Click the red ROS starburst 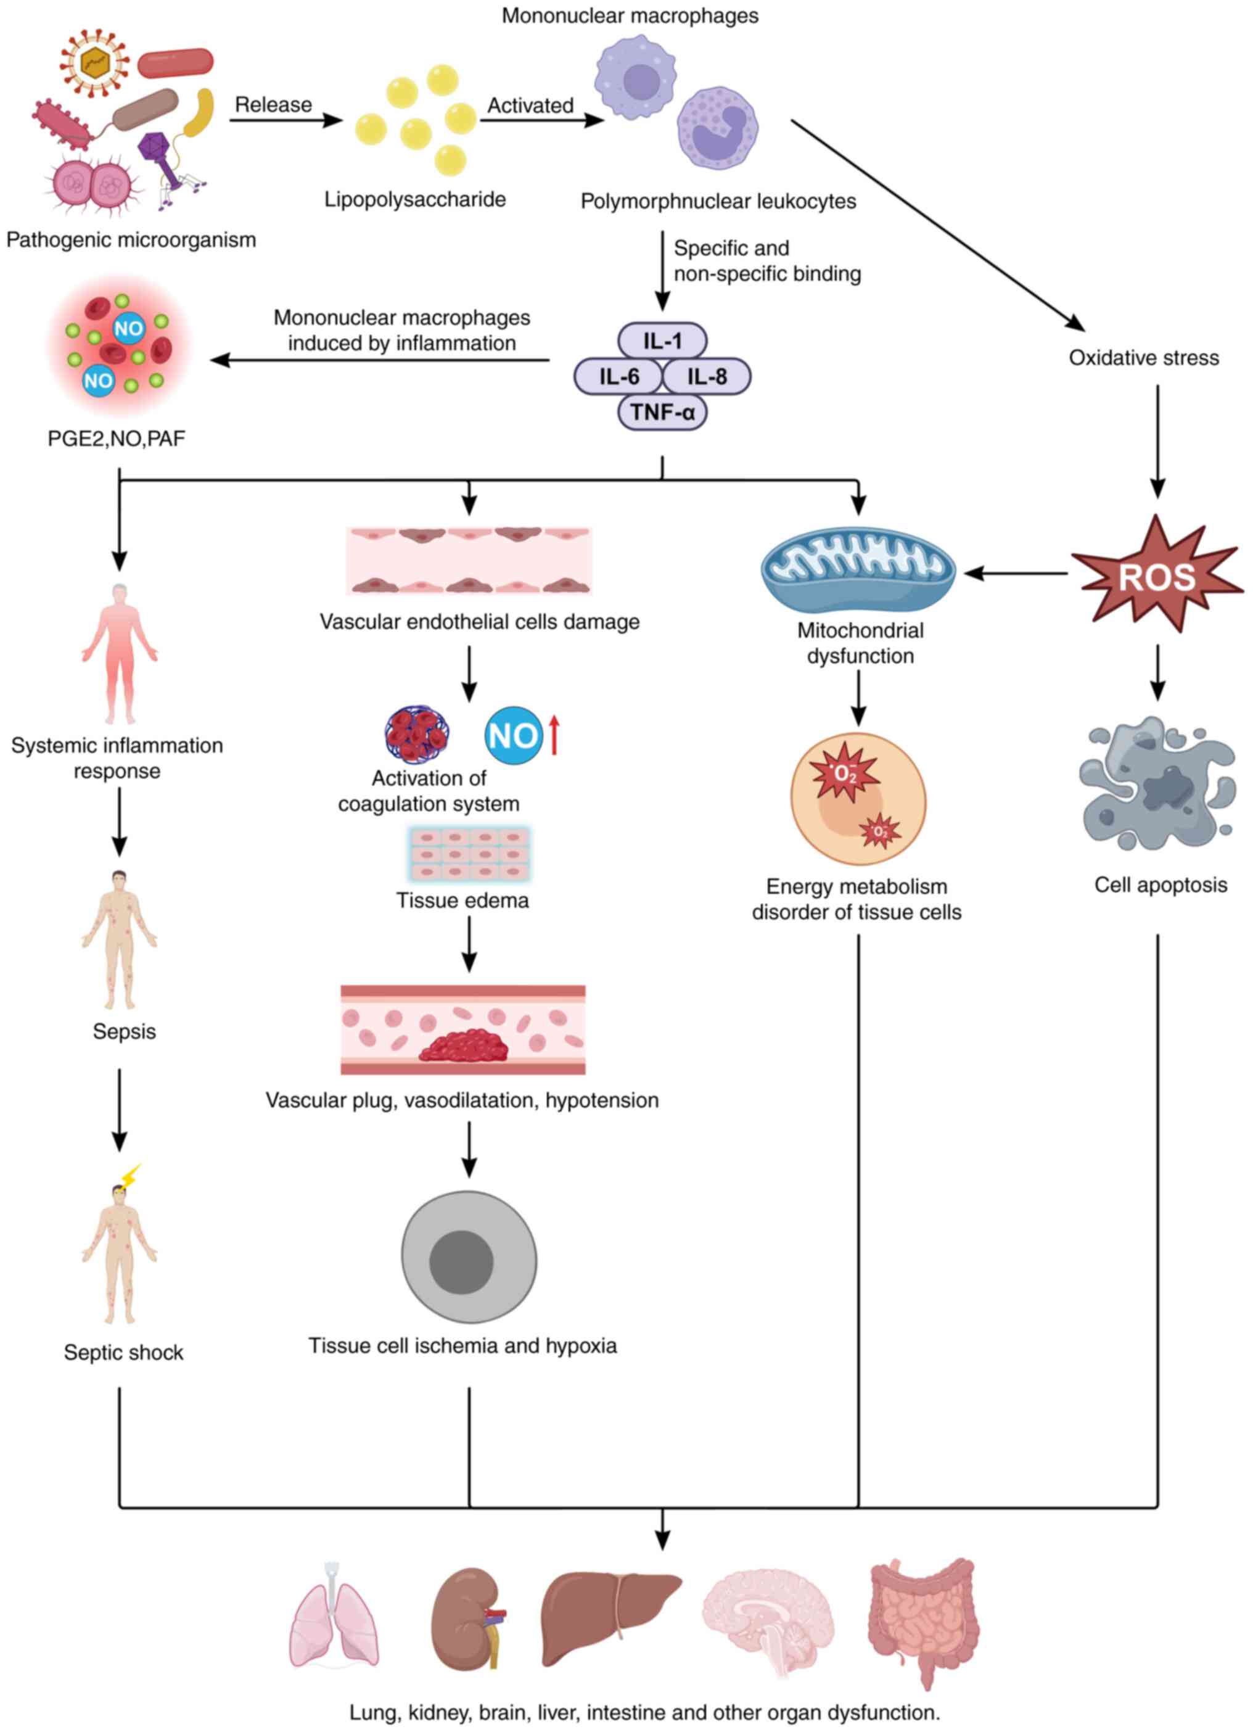[x=1156, y=575]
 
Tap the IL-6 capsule [x=618, y=376]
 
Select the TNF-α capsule [x=662, y=413]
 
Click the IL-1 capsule [x=662, y=340]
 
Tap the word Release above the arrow [x=273, y=105]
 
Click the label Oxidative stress [x=1143, y=357]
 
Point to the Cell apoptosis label [x=1160, y=885]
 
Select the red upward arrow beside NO [x=554, y=734]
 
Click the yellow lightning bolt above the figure [x=131, y=1174]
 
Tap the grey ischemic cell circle [x=469, y=1256]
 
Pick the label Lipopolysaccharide [x=414, y=199]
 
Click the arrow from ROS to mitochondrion [x=1016, y=573]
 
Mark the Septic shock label [x=124, y=1353]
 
